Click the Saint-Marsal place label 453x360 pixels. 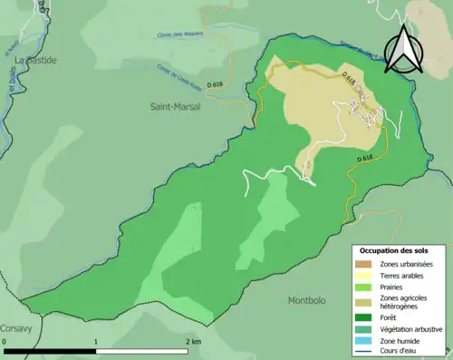tap(176, 106)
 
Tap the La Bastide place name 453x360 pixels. tap(34, 60)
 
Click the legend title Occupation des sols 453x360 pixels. tap(394, 249)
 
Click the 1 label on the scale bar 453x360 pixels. tap(96, 342)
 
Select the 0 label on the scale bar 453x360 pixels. tap(5, 342)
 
